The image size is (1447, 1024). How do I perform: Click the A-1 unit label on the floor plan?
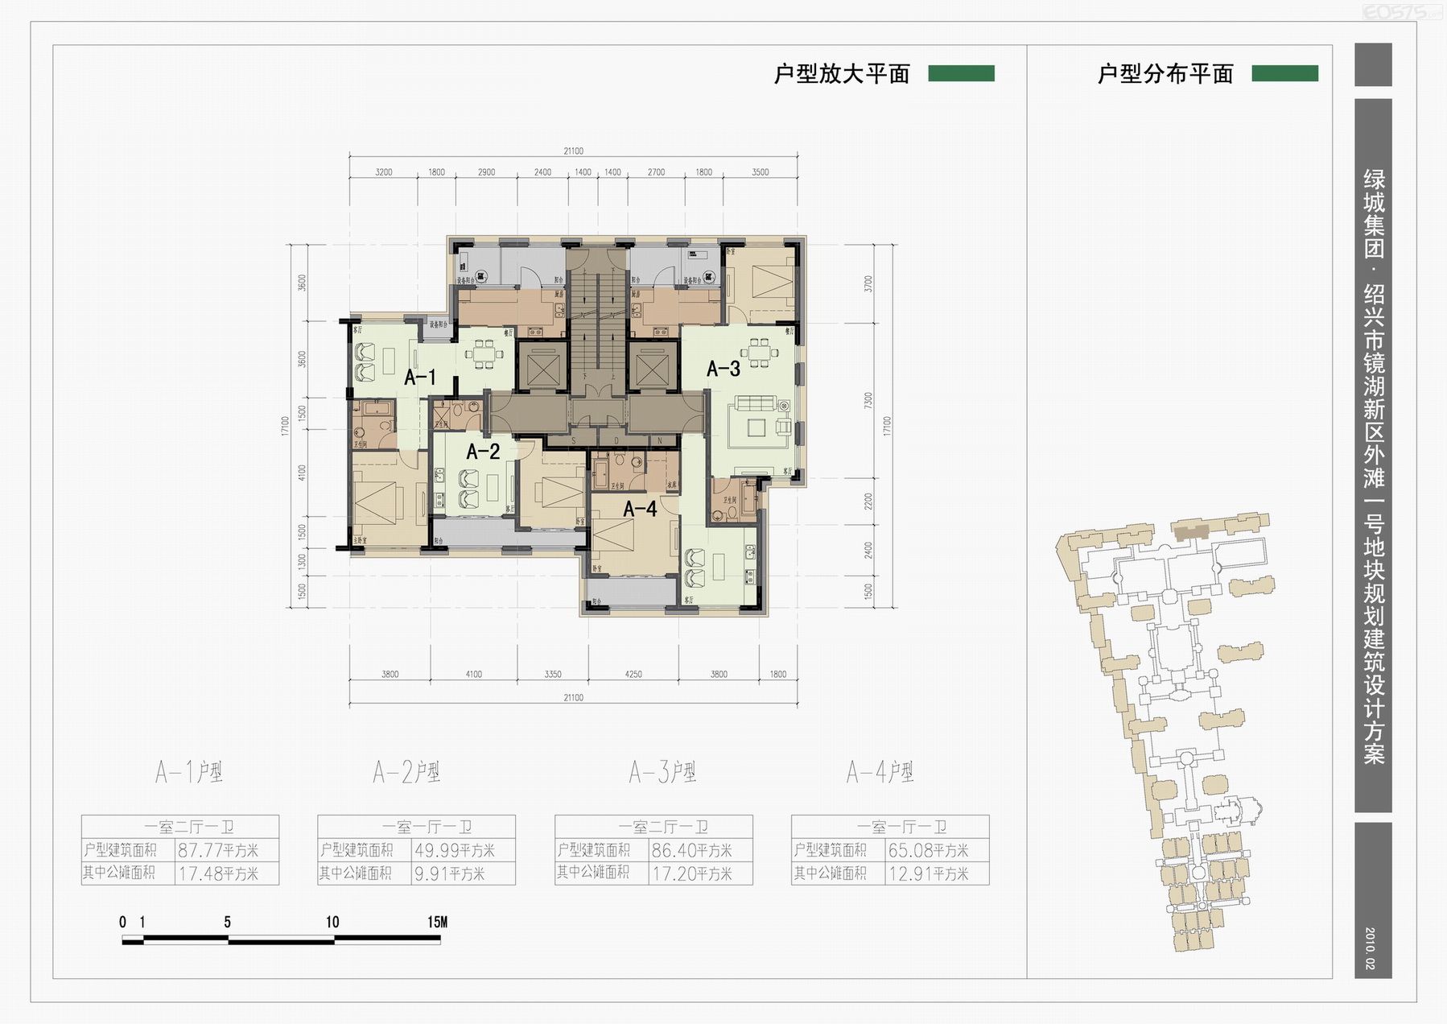(x=420, y=377)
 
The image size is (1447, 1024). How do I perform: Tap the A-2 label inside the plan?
(x=483, y=452)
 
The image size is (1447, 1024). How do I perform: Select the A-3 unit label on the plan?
(x=723, y=369)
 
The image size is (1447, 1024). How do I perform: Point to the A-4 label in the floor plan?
(x=640, y=509)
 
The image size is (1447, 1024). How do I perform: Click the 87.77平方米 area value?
(x=218, y=850)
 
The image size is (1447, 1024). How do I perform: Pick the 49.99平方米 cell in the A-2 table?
(x=455, y=850)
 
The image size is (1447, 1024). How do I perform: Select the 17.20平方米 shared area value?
(x=691, y=873)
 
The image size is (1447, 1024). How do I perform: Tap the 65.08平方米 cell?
(x=928, y=850)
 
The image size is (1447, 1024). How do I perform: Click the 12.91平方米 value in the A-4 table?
(x=928, y=873)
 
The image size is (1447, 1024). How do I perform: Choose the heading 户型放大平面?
(x=842, y=74)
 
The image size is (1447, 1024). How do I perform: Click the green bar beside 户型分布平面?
(x=1284, y=74)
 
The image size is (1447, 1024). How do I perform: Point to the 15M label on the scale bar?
(x=437, y=922)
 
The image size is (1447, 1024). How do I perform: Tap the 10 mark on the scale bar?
(x=332, y=922)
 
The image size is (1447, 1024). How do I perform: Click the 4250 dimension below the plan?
(x=633, y=675)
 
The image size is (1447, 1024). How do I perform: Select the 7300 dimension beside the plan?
(x=868, y=402)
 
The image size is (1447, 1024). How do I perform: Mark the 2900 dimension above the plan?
(x=486, y=172)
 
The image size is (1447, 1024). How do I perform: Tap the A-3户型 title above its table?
(x=662, y=772)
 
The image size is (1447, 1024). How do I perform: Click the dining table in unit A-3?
(x=759, y=352)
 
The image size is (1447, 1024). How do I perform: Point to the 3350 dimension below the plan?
(x=552, y=675)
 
